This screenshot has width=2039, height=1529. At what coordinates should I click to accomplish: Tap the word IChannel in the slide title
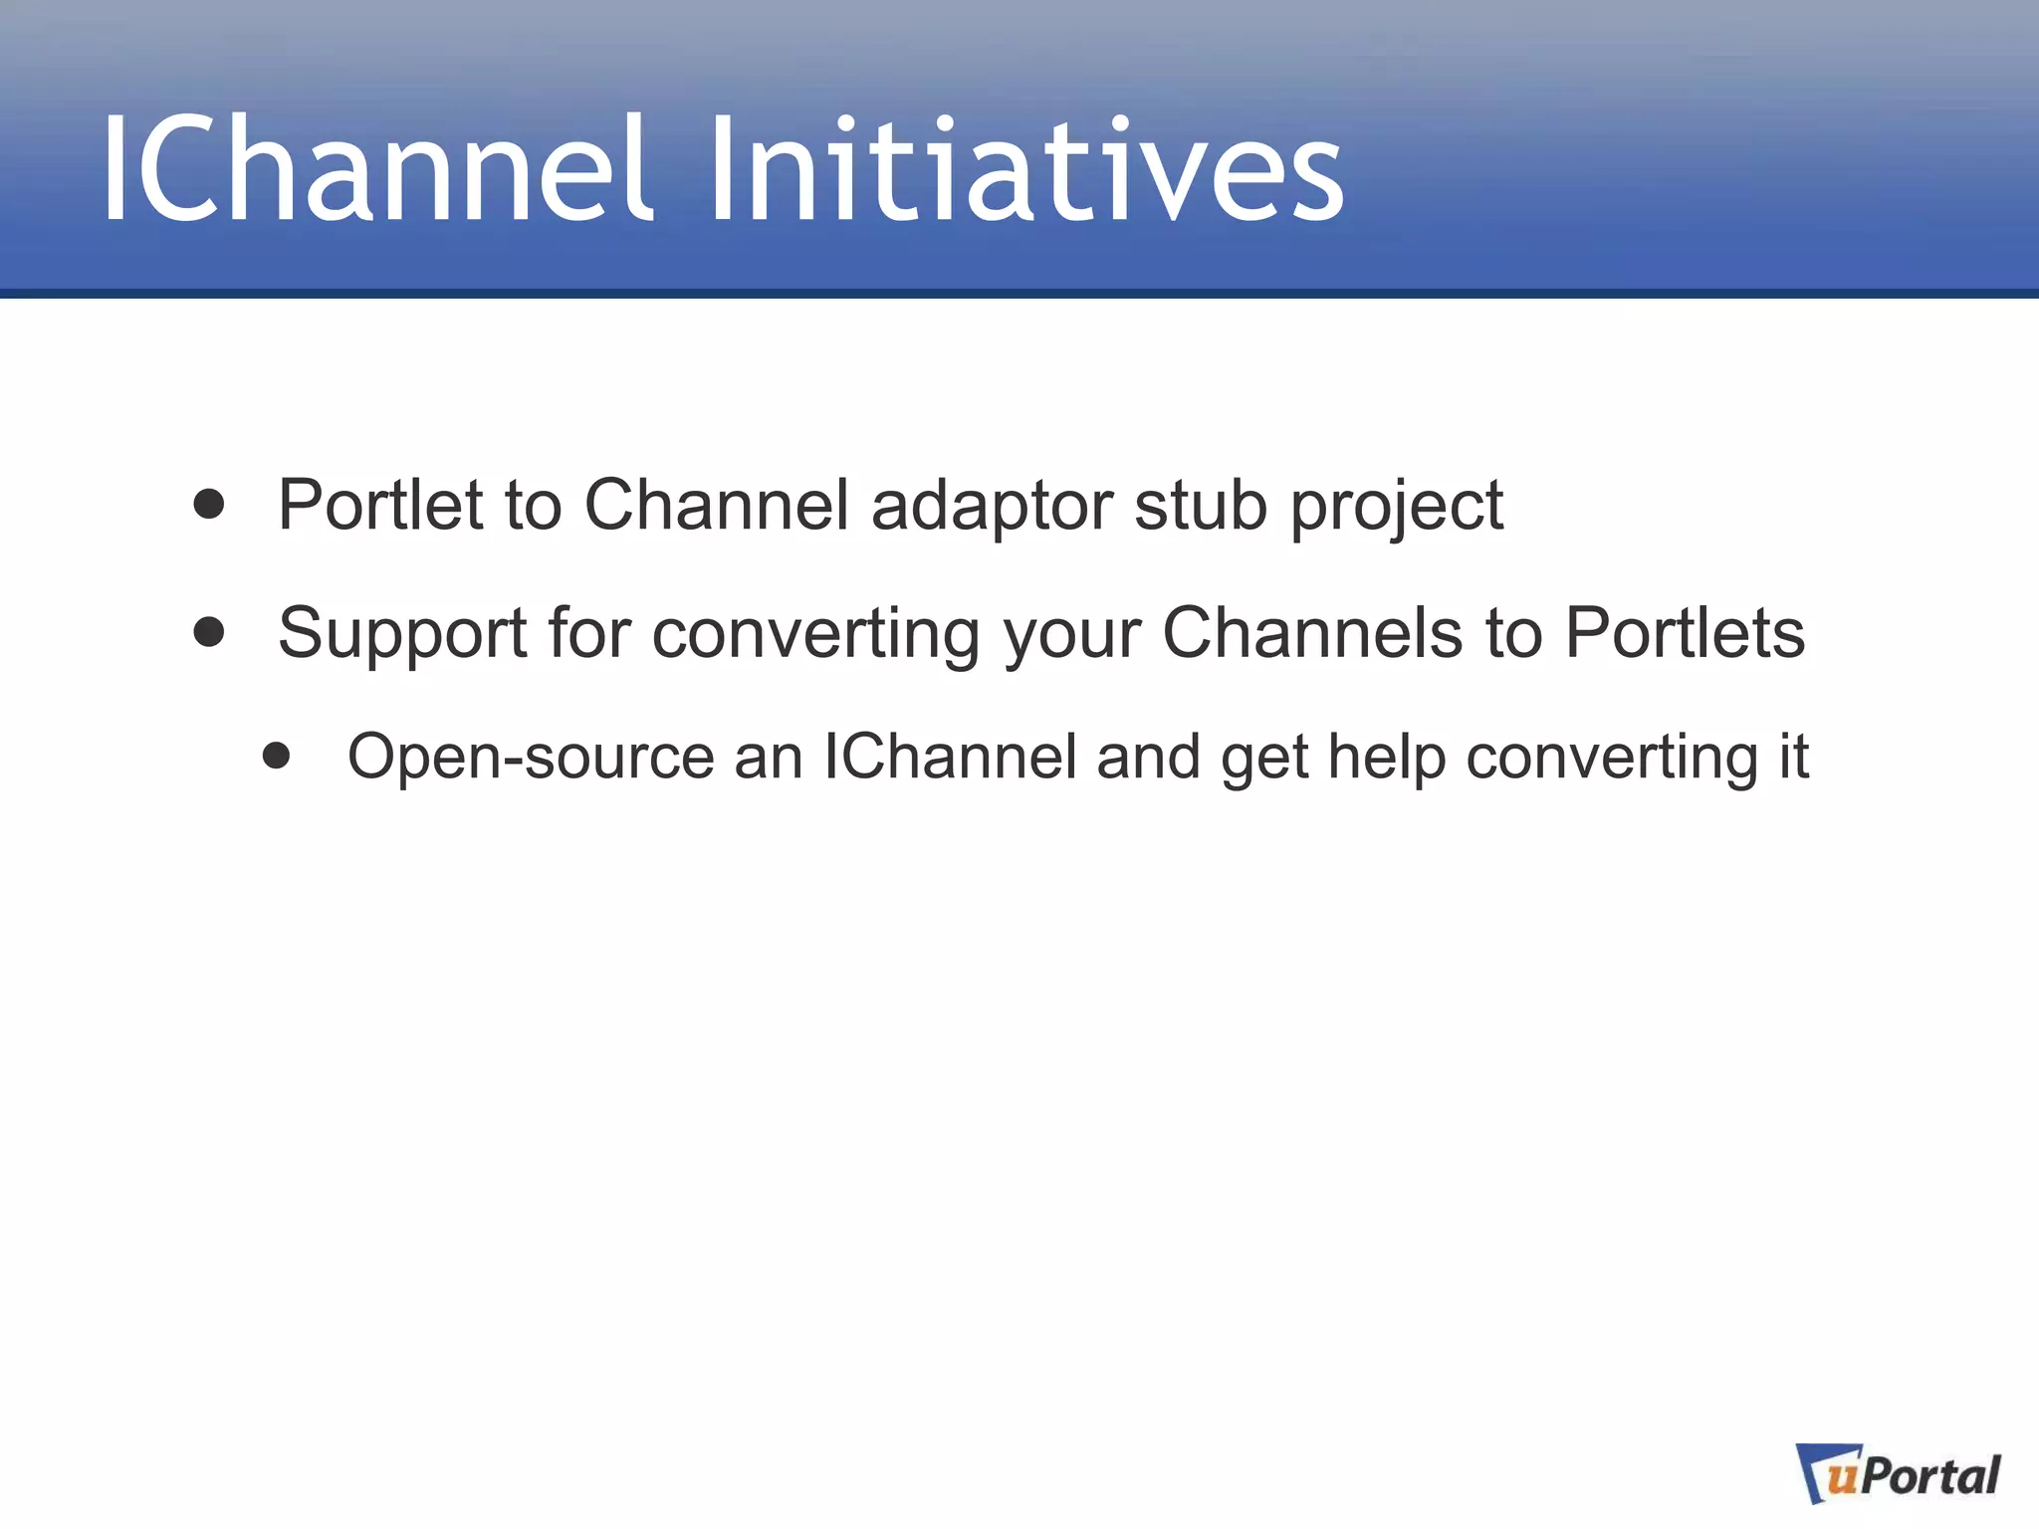click(376, 169)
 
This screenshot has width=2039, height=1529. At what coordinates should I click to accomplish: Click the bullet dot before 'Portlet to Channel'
click(209, 504)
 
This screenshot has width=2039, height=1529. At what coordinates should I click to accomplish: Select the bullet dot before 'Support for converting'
click(209, 632)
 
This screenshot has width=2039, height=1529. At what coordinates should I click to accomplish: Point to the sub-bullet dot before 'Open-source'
click(277, 756)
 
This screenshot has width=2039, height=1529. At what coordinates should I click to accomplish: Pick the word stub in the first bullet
click(1201, 506)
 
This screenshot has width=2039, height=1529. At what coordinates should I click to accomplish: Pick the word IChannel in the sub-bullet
click(950, 757)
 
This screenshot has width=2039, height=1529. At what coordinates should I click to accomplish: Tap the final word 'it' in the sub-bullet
click(1793, 757)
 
